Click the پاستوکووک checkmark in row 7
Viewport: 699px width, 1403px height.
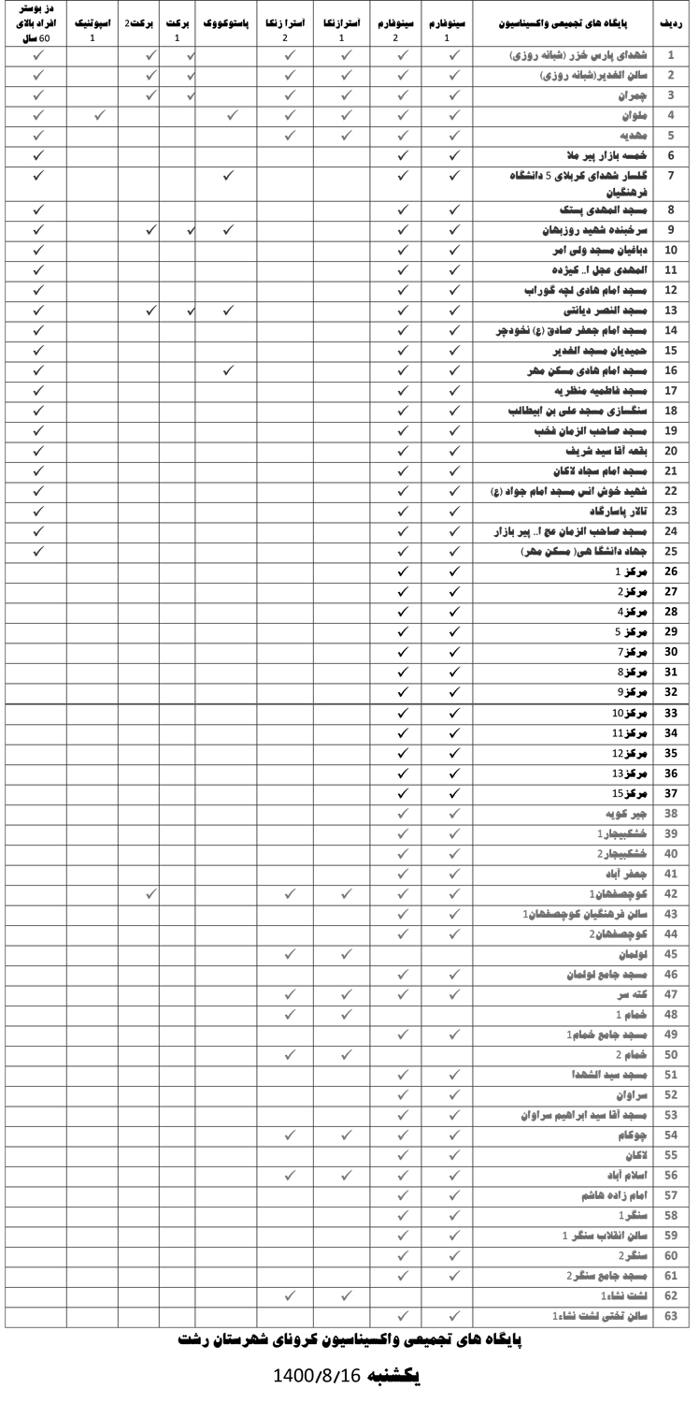[229, 175]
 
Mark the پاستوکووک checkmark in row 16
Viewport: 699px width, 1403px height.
[229, 370]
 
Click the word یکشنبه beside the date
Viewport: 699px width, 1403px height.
[398, 1375]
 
